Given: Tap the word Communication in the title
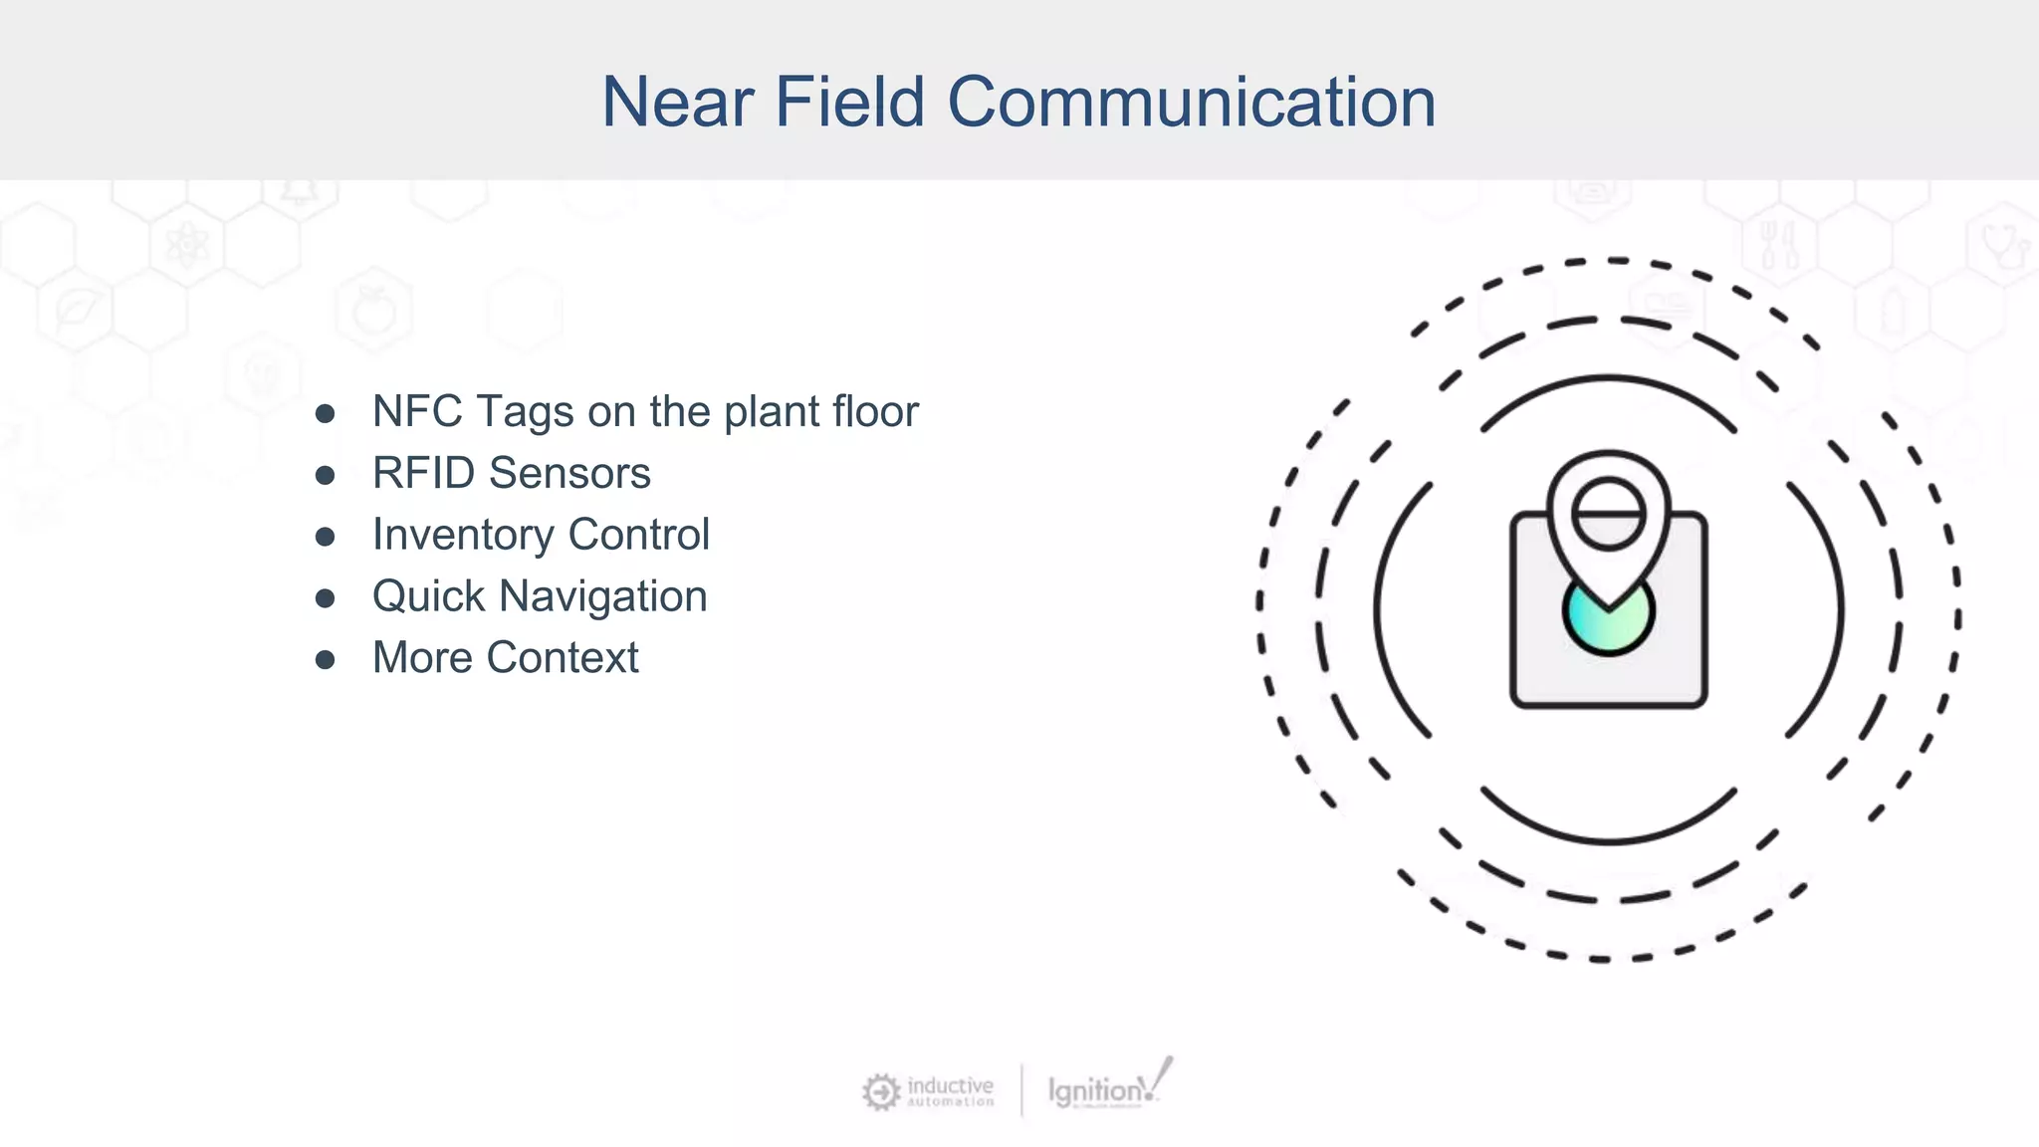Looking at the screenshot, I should pos(1191,103).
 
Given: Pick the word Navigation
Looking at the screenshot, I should pos(602,596).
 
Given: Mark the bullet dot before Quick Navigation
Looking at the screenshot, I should pos(325,598).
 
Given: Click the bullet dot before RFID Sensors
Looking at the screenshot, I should pos(325,475).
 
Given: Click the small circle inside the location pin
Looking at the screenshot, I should pos(1608,514).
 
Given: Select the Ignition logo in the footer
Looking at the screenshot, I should pos(1105,1088).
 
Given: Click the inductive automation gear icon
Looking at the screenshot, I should pos(880,1091).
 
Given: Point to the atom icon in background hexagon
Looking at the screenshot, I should pos(186,245).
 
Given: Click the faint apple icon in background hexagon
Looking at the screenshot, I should pos(373,311).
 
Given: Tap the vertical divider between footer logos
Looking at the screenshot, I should pos(1021,1090).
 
